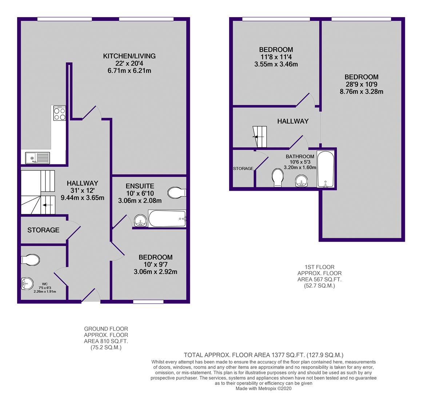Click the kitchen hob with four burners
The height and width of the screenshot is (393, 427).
click(x=60, y=113)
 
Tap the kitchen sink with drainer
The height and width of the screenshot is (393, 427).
click(x=37, y=158)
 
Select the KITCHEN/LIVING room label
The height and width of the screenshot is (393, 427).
click(x=129, y=56)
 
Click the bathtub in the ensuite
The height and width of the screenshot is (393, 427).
click(x=167, y=218)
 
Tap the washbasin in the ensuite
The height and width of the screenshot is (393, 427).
click(x=140, y=221)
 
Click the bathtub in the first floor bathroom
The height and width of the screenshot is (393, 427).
click(x=326, y=169)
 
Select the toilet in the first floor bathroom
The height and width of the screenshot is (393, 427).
click(x=278, y=178)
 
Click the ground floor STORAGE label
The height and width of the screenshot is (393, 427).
click(x=43, y=230)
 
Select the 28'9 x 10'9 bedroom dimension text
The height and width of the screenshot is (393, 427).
click(x=362, y=84)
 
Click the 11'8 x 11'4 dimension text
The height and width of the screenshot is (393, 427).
click(x=276, y=57)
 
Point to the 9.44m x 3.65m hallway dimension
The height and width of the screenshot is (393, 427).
click(x=83, y=198)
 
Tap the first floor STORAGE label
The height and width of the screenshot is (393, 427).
click(x=243, y=169)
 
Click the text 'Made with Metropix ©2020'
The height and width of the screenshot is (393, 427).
click(x=264, y=389)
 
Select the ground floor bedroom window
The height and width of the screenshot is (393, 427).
click(x=148, y=302)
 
